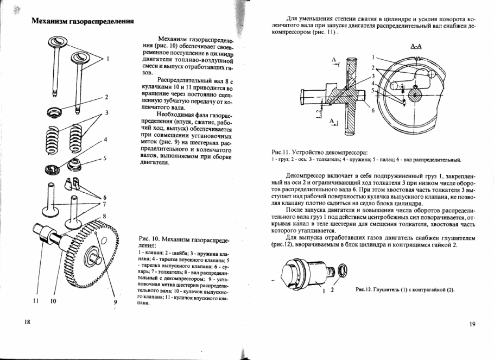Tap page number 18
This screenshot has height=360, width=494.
tap(27, 323)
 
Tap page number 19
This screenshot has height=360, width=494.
tap(471, 324)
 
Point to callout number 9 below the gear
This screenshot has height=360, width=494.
tap(115, 302)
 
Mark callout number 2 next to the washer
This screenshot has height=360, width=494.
tap(106, 97)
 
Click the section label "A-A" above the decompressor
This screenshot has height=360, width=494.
tap(416, 46)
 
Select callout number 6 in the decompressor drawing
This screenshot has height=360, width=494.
tap(373, 110)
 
